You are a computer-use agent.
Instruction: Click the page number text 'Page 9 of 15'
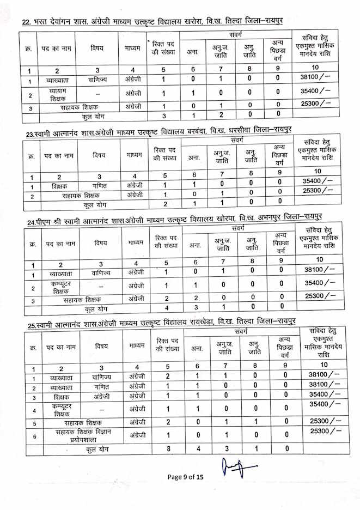185,477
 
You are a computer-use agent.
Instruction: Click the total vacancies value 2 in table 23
165,204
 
